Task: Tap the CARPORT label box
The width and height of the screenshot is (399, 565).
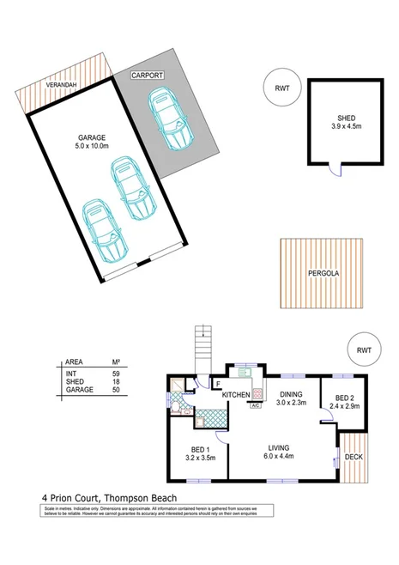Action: point(148,76)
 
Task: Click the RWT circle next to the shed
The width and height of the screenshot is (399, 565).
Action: point(281,88)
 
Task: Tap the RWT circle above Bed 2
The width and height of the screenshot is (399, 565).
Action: point(364,349)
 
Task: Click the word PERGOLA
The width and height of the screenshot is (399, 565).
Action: point(316,274)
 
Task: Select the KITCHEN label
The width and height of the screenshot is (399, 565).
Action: point(236,395)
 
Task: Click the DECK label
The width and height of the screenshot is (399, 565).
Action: point(354,457)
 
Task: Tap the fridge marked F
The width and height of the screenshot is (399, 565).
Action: point(218,384)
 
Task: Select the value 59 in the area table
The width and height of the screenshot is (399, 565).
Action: point(117,374)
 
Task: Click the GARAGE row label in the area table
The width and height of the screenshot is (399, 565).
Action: point(80,391)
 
